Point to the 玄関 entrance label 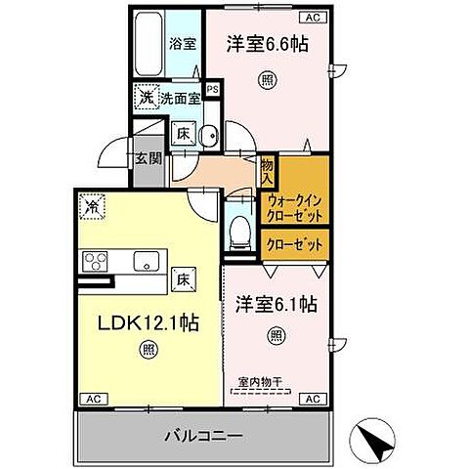coord(148,160)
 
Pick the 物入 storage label coord(267,170)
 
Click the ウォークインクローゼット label coord(294,207)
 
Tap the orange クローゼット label coord(293,246)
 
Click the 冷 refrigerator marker coord(91,206)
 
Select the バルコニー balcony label coord(204,434)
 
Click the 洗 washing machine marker coord(146,98)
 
